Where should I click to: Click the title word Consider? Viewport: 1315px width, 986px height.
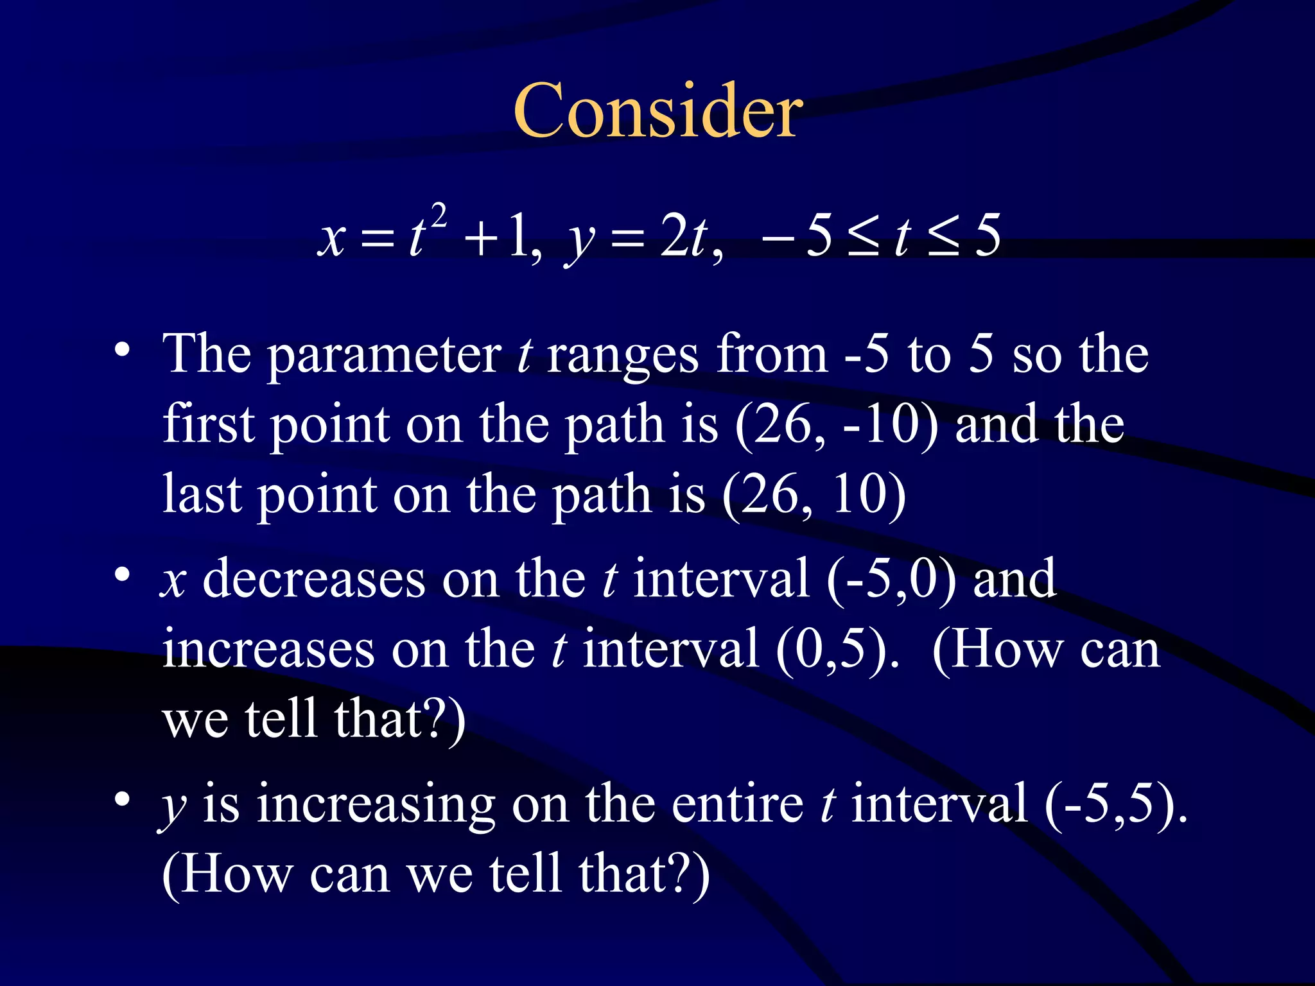pyautogui.click(x=657, y=112)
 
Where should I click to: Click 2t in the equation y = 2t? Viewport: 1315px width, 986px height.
pyautogui.click(x=684, y=237)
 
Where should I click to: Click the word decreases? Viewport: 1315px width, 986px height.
pyautogui.click(x=314, y=580)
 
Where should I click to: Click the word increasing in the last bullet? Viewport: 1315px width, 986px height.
pyautogui.click(x=376, y=805)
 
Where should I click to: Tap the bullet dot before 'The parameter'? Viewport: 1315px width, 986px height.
pyautogui.click(x=122, y=350)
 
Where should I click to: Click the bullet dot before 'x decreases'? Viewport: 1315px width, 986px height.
pyautogui.click(x=122, y=575)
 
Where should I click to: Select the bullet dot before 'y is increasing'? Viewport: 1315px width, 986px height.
pyautogui.click(x=122, y=800)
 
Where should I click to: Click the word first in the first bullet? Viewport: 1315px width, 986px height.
pyautogui.click(x=209, y=424)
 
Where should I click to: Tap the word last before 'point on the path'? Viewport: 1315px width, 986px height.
pyautogui.click(x=202, y=495)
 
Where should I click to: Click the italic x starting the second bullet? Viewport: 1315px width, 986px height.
pyautogui.click(x=173, y=582)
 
